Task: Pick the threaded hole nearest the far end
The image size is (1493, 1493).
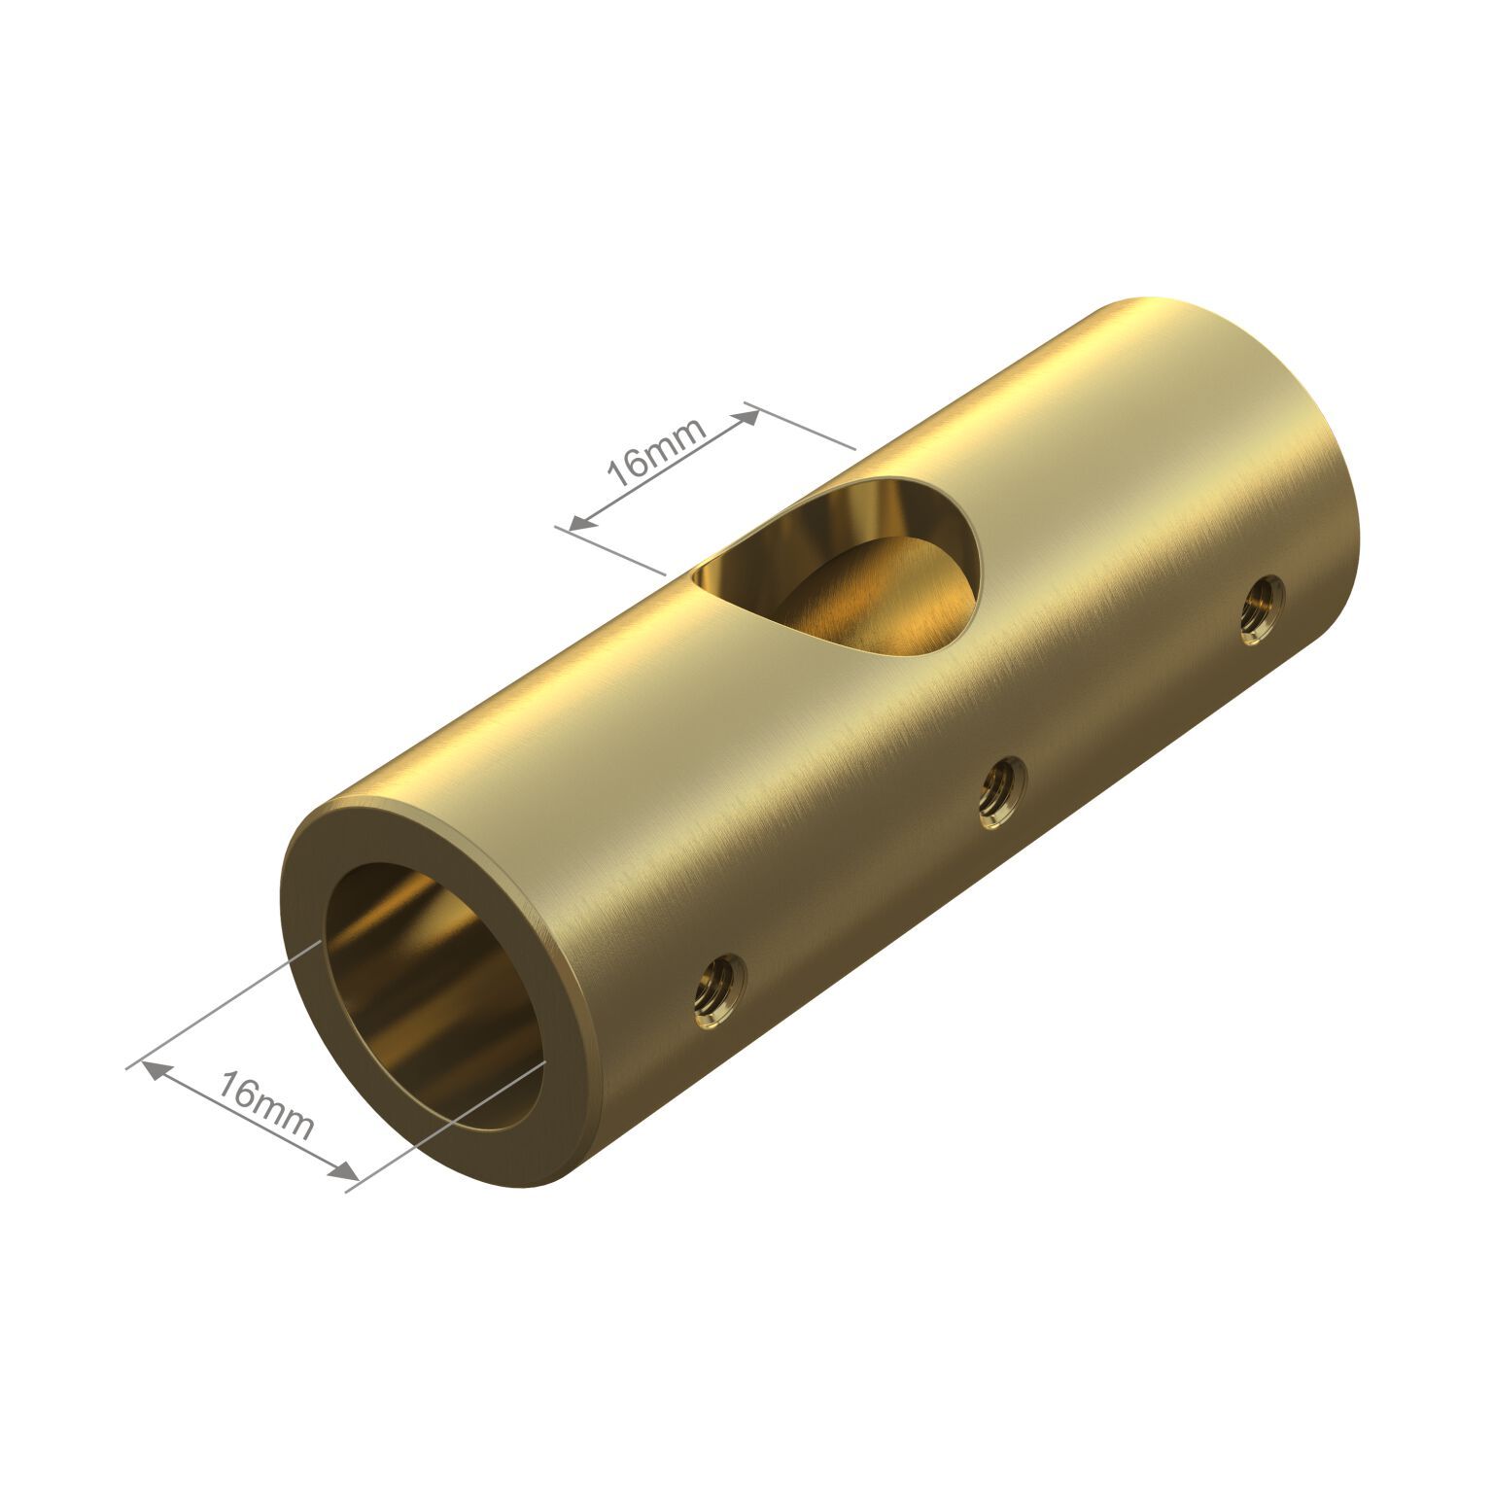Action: point(1263,608)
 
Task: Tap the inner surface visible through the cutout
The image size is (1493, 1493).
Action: point(875,603)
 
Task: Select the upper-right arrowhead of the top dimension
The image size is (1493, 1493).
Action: point(748,416)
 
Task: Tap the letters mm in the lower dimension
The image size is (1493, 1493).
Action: point(287,1118)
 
